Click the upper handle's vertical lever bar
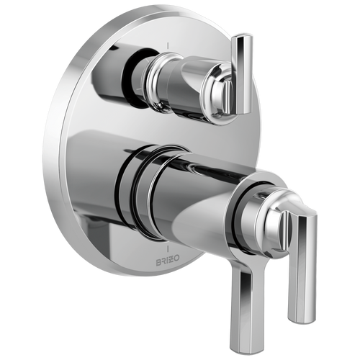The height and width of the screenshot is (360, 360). click(243, 72)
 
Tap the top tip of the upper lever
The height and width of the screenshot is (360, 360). click(245, 36)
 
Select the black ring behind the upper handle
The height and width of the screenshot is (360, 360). click(138, 72)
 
